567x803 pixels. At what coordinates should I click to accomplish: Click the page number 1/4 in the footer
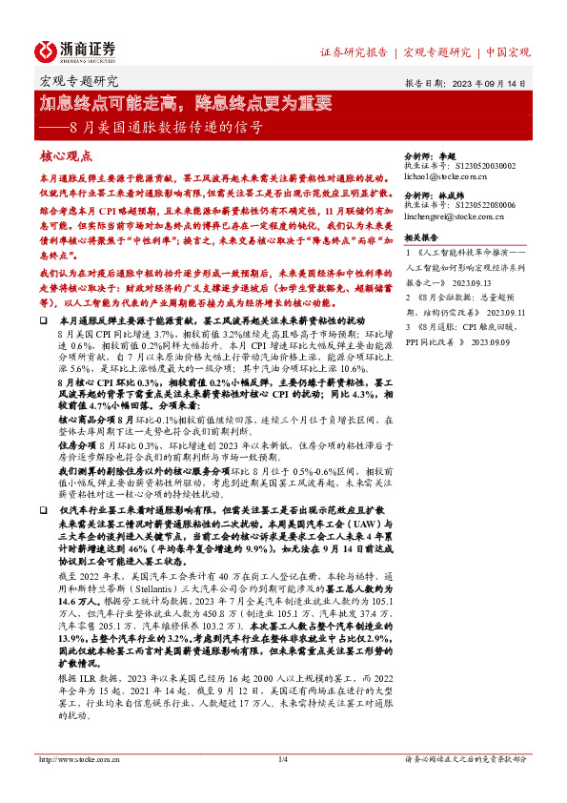pyautogui.click(x=282, y=785)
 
